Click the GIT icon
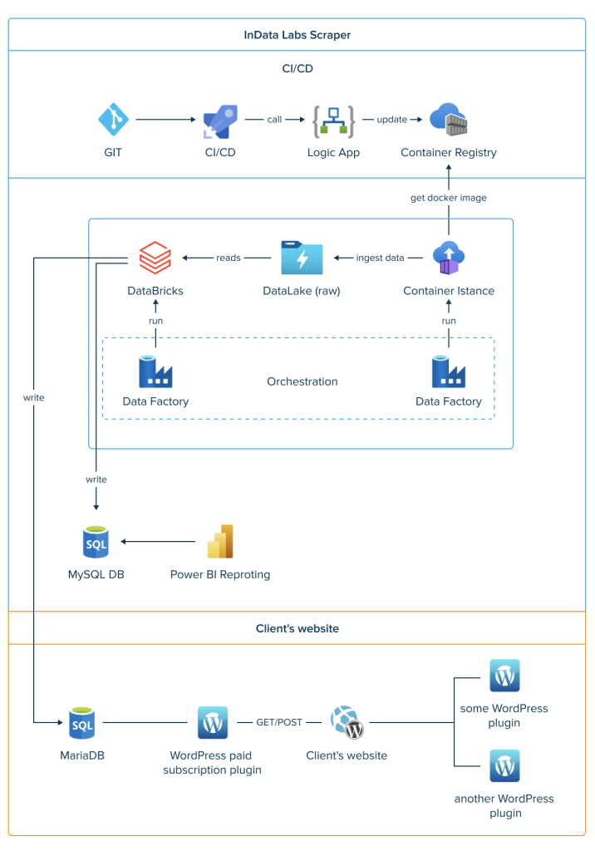point(114,120)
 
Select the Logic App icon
point(333,121)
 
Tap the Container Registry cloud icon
point(449,121)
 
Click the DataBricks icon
point(155,258)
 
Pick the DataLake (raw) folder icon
point(301,258)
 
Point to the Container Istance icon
point(449,258)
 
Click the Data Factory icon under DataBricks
point(155,371)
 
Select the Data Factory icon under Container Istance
point(449,371)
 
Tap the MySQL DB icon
point(96,542)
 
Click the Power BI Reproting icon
point(220,542)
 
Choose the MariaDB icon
point(82,723)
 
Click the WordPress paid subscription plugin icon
point(213,723)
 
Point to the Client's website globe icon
point(347,723)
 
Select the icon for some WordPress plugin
point(504,676)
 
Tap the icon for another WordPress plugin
point(504,765)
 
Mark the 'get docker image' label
point(449,198)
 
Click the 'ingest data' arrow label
point(380,258)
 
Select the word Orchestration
point(302,382)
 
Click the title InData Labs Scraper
point(297,35)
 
